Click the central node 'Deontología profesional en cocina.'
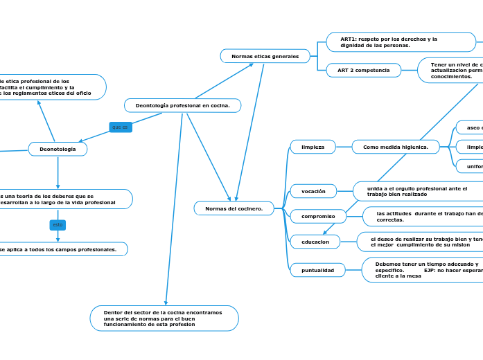coord(182,105)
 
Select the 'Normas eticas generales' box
coord(265,56)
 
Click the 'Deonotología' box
coord(58,149)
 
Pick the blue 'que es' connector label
coord(120,127)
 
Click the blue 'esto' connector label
coord(58,225)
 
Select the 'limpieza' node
coord(313,147)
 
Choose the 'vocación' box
coord(313,190)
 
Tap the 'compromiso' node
coord(317,217)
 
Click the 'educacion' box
coord(315,242)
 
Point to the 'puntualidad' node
coord(317,270)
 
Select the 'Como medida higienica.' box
coord(396,147)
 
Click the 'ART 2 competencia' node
coord(363,70)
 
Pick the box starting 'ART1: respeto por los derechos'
coord(400,42)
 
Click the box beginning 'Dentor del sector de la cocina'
coord(164,318)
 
